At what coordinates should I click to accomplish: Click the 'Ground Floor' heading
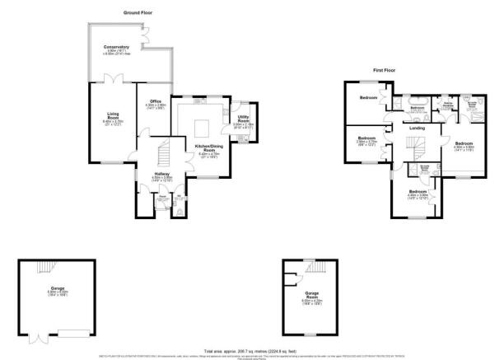(138, 13)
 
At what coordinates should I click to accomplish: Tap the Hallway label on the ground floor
(161, 173)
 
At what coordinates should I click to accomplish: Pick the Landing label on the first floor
(418, 127)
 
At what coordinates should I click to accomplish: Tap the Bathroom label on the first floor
(418, 108)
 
